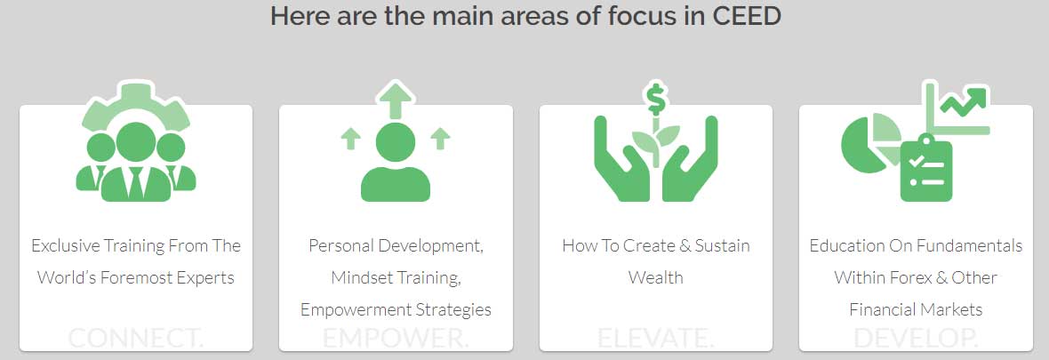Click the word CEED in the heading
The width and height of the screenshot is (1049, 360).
746,16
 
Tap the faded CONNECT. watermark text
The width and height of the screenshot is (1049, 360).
135,338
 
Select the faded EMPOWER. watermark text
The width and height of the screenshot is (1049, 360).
396,338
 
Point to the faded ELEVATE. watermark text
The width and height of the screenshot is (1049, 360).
655,338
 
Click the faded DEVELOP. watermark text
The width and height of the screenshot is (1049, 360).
916,338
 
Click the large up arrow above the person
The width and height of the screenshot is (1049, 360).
396,98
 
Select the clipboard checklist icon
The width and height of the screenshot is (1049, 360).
925,168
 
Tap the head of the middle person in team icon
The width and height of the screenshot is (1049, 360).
136,141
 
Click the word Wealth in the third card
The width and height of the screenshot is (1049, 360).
655,277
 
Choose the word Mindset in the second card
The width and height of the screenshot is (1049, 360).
364,277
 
